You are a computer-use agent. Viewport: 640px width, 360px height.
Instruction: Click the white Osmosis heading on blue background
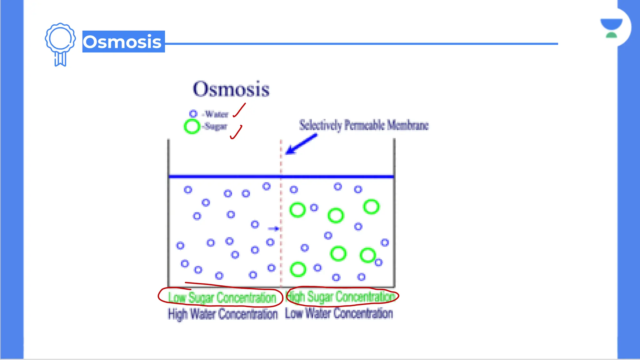[x=123, y=42]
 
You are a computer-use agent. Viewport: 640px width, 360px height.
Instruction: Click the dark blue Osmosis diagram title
[x=231, y=89]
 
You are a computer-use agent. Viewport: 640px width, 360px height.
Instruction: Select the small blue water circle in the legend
[x=193, y=114]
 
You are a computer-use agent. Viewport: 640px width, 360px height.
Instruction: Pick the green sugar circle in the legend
[x=192, y=127]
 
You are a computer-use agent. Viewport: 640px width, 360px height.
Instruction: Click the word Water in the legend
[x=217, y=114]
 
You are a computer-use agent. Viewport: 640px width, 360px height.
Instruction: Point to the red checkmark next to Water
[x=239, y=110]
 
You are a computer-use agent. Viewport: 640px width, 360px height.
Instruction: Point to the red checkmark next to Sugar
[x=236, y=132]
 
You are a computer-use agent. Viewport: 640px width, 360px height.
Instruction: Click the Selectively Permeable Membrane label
[x=364, y=125]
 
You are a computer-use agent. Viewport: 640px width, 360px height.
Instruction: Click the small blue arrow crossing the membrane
[x=273, y=229]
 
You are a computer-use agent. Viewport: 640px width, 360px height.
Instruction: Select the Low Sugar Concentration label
[x=222, y=297]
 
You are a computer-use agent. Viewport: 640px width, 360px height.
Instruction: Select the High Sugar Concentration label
[x=341, y=297]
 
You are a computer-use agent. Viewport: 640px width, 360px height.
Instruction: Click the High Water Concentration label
[x=222, y=314]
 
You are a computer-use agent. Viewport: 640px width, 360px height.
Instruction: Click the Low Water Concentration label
[x=339, y=313]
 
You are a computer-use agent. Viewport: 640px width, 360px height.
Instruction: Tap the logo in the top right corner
[x=611, y=28]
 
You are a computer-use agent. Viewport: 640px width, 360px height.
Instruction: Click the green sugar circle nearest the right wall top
[x=371, y=207]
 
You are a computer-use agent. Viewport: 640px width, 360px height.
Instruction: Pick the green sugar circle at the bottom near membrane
[x=298, y=269]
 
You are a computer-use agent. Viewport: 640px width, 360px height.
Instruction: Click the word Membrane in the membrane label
[x=408, y=125]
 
